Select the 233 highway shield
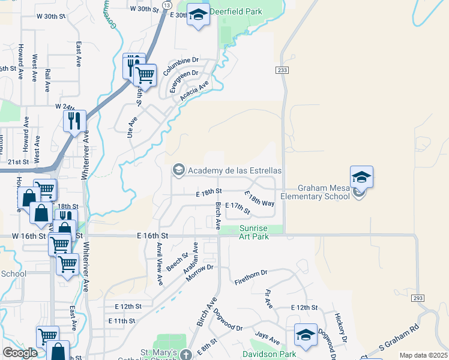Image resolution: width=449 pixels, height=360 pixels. pos(282,71)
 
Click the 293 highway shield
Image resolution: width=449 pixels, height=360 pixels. pos(418,298)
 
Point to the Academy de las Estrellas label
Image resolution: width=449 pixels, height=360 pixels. pos(235,170)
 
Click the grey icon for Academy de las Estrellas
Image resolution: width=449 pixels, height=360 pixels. pos(178,170)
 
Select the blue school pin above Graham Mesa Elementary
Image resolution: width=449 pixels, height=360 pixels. pos(361,176)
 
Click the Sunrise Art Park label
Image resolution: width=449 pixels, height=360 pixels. pos(261,232)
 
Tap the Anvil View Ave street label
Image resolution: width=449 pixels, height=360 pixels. pos(160,263)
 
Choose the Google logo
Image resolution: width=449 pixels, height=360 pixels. pos(19,353)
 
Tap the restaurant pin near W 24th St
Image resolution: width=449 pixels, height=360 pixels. pos(74,121)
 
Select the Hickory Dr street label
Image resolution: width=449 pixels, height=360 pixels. pos(342,327)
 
